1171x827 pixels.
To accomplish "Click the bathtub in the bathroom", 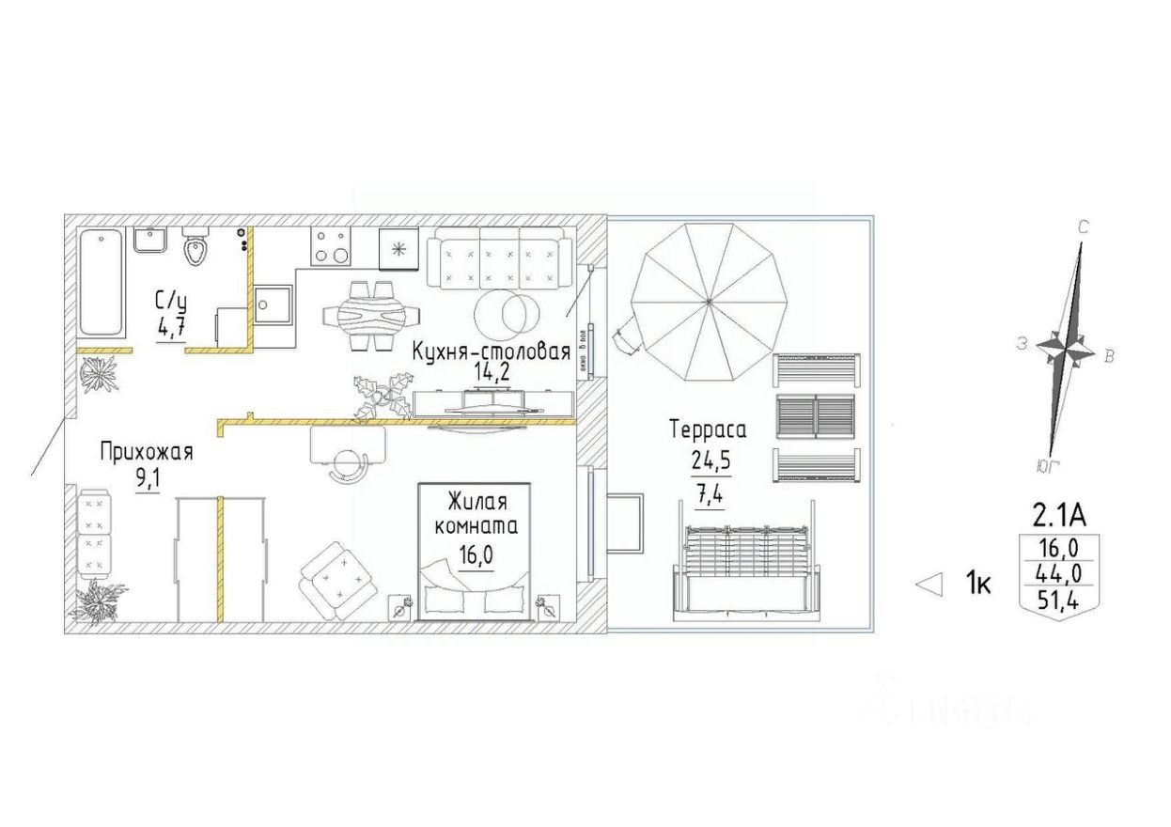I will pyautogui.click(x=101, y=281).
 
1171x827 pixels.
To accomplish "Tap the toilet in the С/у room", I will pyautogui.click(x=195, y=246).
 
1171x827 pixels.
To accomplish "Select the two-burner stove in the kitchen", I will pyautogui.click(x=331, y=245).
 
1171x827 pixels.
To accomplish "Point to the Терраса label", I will pyautogui.click(x=708, y=430).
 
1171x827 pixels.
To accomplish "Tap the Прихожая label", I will pyautogui.click(x=146, y=453).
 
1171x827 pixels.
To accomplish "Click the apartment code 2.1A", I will pyautogui.click(x=1059, y=516).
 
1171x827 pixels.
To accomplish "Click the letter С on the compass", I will pyautogui.click(x=1083, y=226).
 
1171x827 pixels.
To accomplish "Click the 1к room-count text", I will pyautogui.click(x=978, y=585).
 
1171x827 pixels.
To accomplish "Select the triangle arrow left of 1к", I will pyautogui.click(x=929, y=585).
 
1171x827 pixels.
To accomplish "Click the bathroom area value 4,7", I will pyautogui.click(x=172, y=329).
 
